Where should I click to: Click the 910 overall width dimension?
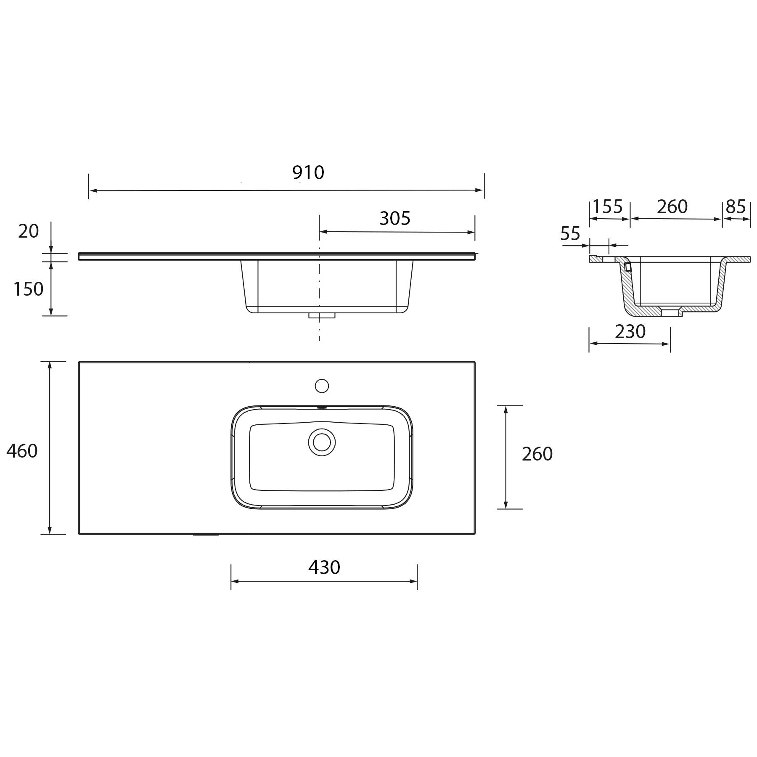tap(308, 172)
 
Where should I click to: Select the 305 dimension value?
tap(394, 218)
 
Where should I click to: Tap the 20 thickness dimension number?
tap(28, 231)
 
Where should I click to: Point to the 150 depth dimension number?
tap(28, 289)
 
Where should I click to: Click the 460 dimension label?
tap(22, 451)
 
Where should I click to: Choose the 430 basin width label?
tap(324, 568)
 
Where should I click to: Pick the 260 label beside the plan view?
tap(537, 454)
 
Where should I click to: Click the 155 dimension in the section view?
tap(607, 206)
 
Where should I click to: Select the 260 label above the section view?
tap(672, 206)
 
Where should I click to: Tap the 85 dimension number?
tap(736, 206)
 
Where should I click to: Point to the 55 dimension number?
tap(570, 234)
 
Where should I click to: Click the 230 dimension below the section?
tap(630, 332)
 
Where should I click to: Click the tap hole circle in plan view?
tap(322, 386)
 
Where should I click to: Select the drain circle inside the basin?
tap(322, 442)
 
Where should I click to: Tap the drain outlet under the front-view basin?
tap(322, 315)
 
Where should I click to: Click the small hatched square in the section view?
tap(628, 267)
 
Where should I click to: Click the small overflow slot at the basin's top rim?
tap(322, 408)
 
